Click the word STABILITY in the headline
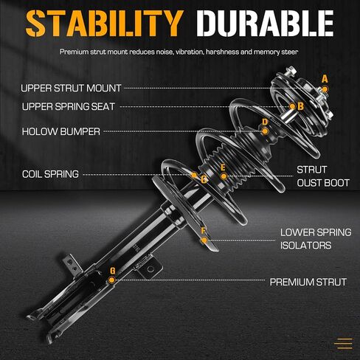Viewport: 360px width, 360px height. tap(105, 24)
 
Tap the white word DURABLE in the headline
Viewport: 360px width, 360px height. tap(265, 24)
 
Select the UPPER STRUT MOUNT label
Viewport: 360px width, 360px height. tap(71, 88)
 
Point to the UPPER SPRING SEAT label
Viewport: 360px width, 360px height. tap(69, 106)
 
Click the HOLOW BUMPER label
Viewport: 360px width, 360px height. tap(61, 131)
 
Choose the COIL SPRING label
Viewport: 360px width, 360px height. tap(50, 174)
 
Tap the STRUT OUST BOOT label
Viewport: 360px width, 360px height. tap(323, 176)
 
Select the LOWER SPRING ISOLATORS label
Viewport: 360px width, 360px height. tap(316, 239)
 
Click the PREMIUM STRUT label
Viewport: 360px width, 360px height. tap(308, 282)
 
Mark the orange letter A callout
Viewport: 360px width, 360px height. tap(325, 79)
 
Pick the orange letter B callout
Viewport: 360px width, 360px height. tap(300, 106)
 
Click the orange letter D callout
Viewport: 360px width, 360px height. tap(265, 122)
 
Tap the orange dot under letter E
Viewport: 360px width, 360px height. tap(224, 176)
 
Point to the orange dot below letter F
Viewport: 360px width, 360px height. tap(204, 240)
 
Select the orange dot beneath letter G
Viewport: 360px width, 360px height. tap(111, 280)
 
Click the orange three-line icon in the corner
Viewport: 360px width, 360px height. tap(344, 344)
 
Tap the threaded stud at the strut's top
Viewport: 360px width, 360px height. tap(291, 71)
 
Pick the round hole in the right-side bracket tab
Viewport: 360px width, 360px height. tap(150, 269)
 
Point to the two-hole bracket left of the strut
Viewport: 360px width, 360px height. tap(72, 265)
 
